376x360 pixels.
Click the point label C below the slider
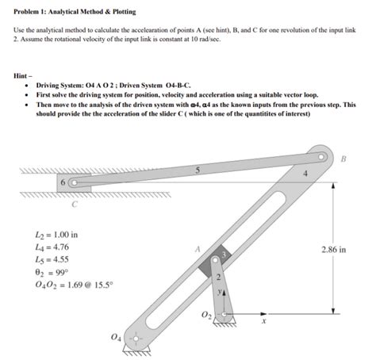coord(74,208)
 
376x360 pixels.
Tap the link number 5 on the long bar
coord(187,170)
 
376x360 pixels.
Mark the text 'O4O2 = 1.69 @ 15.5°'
coord(69,285)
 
